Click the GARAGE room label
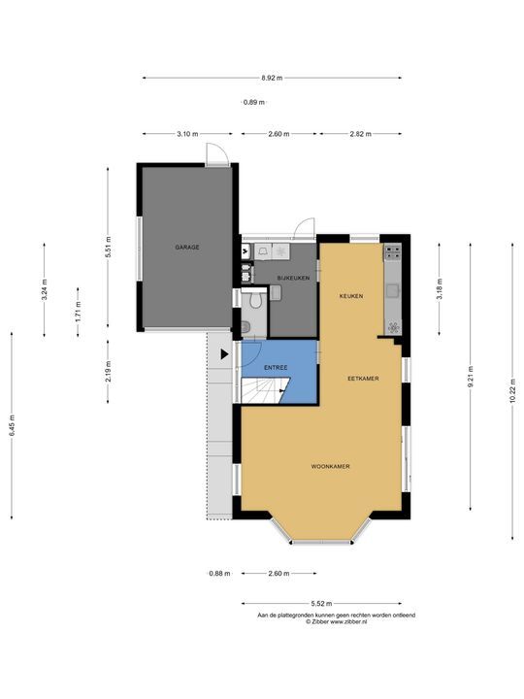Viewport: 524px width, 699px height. [187, 247]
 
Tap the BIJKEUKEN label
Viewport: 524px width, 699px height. [293, 278]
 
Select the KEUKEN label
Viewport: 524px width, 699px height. [351, 296]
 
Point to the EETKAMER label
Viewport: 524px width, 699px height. [363, 379]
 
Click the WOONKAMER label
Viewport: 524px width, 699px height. [330, 467]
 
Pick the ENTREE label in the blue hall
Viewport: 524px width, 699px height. [276, 368]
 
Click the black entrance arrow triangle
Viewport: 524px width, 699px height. [224, 354]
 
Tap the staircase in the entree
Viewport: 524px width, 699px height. [266, 390]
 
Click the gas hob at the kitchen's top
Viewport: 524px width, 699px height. [393, 251]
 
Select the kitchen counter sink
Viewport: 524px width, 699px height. [393, 290]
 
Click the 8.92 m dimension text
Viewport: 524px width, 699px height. [272, 78]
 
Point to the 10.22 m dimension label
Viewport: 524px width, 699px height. [513, 391]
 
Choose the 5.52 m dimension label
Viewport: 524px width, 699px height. [322, 604]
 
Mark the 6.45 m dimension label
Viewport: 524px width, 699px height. [12, 426]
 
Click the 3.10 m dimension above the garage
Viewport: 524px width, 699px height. [187, 134]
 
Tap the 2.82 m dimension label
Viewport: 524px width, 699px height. [360, 134]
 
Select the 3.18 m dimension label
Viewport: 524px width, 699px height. [440, 289]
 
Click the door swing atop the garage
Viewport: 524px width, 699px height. [217, 154]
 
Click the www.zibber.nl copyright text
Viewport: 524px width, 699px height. [337, 621]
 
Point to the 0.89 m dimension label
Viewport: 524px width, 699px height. [254, 102]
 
